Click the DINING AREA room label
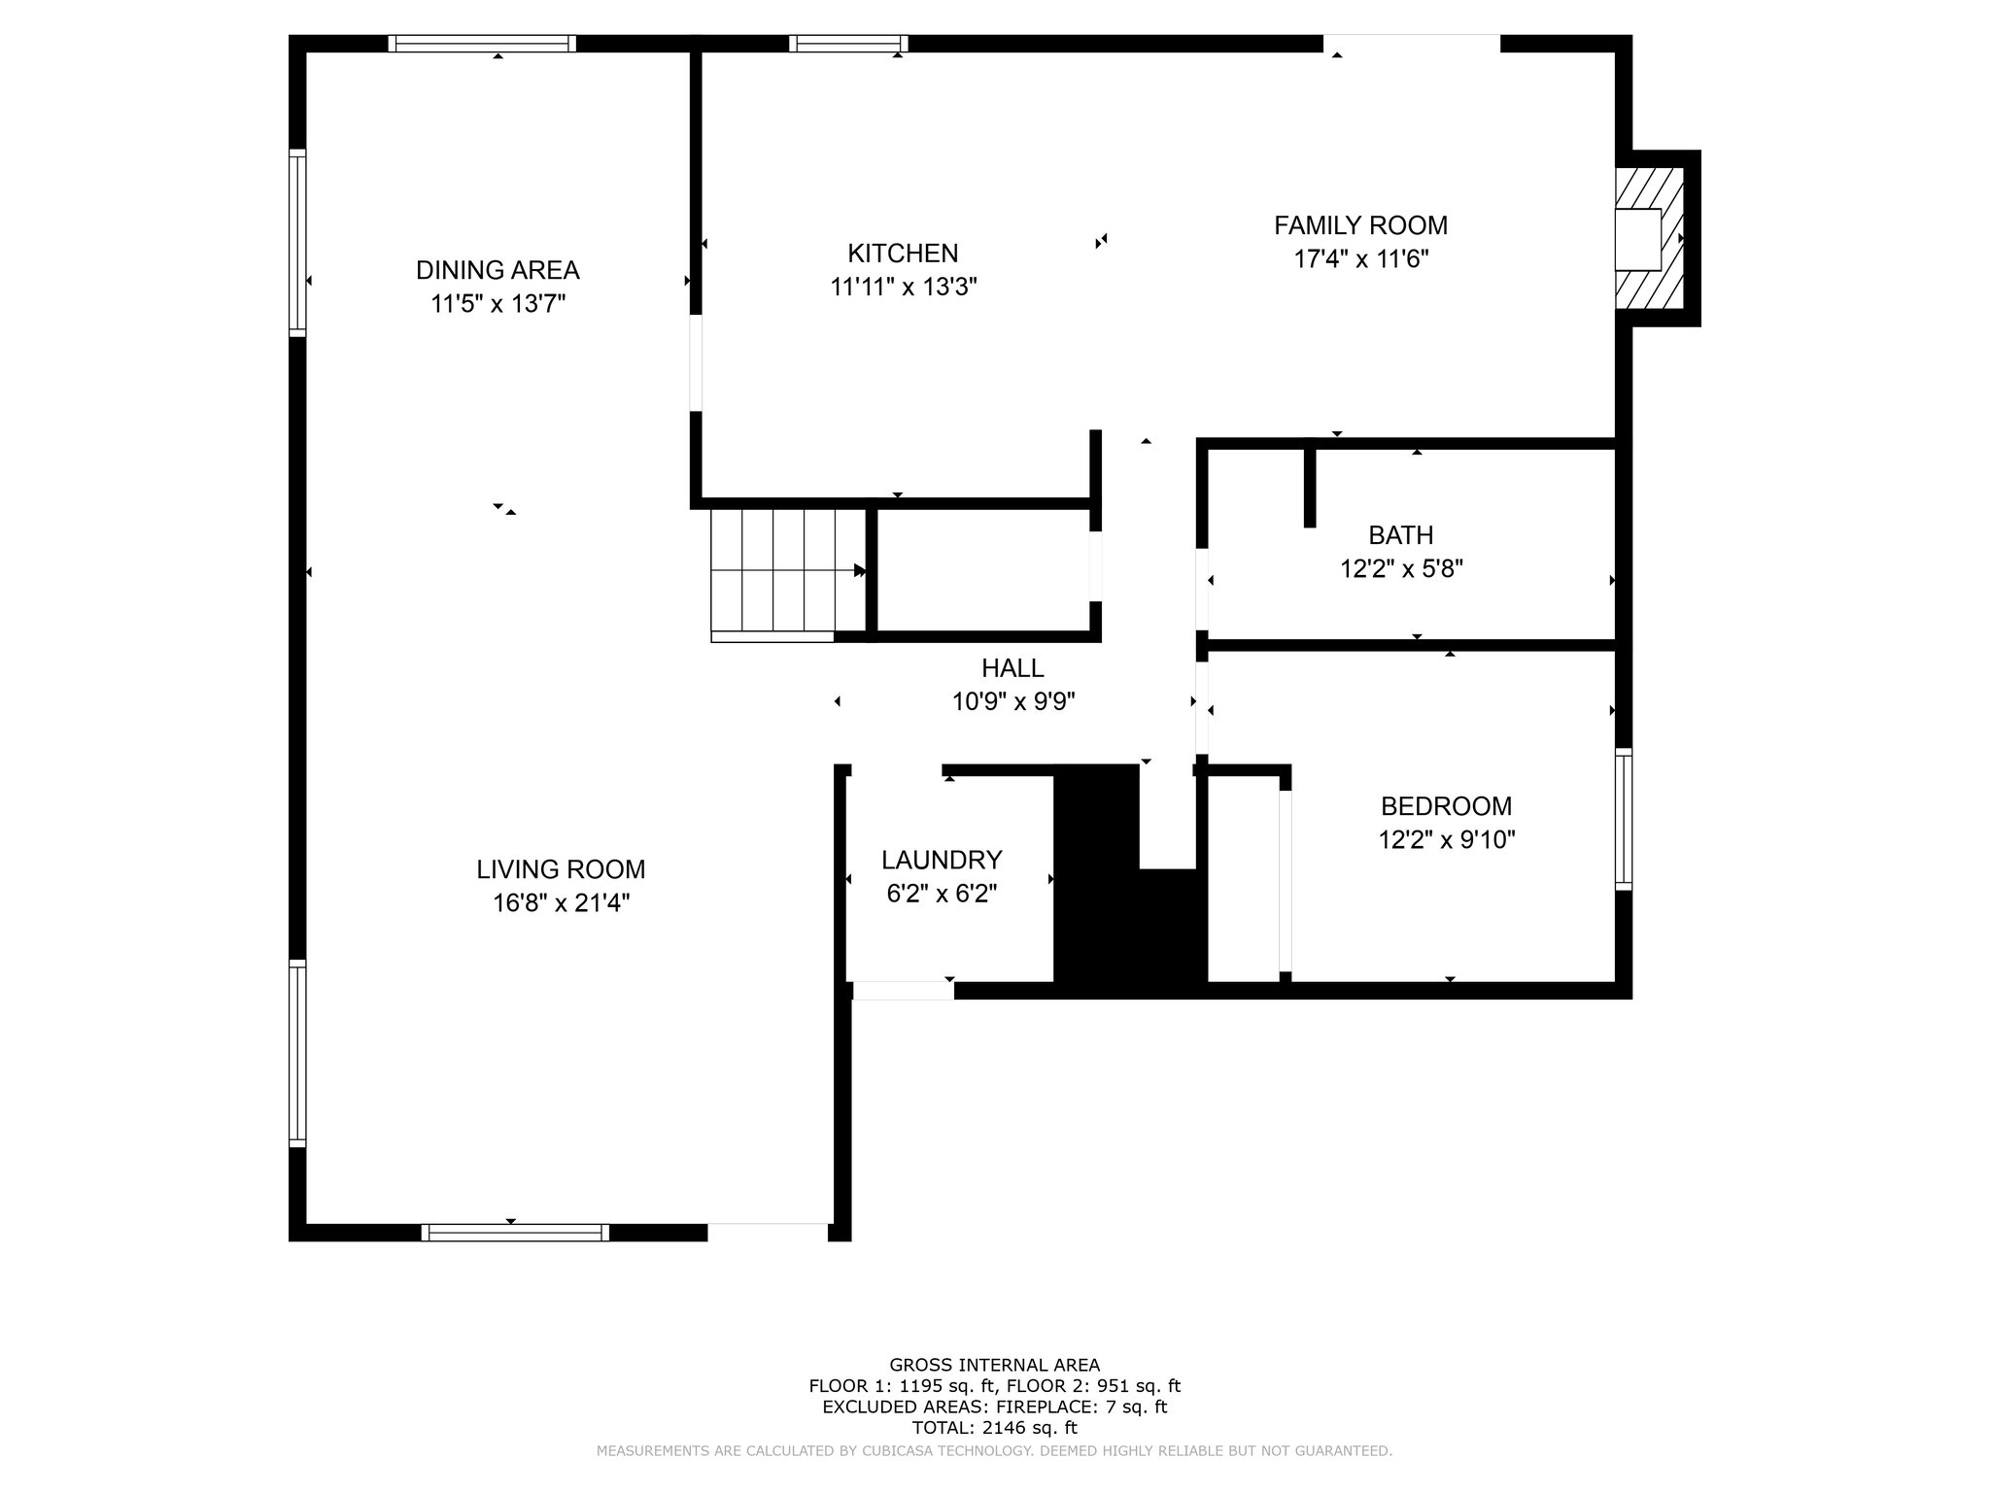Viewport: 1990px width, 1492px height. pyautogui.click(x=497, y=270)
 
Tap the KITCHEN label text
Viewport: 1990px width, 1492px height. pyautogui.click(x=903, y=254)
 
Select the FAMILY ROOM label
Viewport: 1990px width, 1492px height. pyautogui.click(x=1360, y=225)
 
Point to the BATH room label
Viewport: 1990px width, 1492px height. pyautogui.click(x=1401, y=535)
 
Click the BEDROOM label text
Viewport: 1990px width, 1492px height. pyautogui.click(x=1446, y=806)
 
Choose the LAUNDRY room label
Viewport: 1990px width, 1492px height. pyautogui.click(x=942, y=860)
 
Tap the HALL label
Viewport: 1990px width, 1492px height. pyautogui.click(x=1012, y=668)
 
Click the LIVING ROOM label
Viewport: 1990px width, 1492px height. pyautogui.click(x=561, y=869)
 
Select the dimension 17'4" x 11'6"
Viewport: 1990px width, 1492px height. pyautogui.click(x=1360, y=259)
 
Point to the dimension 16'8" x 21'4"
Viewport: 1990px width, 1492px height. pyautogui.click(x=561, y=903)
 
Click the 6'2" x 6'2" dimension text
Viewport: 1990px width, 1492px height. pyautogui.click(x=942, y=894)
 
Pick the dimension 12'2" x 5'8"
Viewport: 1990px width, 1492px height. pyautogui.click(x=1401, y=569)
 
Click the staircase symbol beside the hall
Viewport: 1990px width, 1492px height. pyautogui.click(x=788, y=575)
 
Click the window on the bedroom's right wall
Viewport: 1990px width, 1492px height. pyautogui.click(x=1624, y=819)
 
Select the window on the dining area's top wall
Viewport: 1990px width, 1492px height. pyautogui.click(x=482, y=44)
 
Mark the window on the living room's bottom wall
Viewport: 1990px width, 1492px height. pyautogui.click(x=515, y=1233)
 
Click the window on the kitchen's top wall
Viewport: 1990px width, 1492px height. pyautogui.click(x=848, y=44)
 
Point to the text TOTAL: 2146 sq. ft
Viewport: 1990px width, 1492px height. pyautogui.click(x=994, y=1428)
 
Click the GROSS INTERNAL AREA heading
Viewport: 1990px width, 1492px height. pyautogui.click(x=994, y=1366)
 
